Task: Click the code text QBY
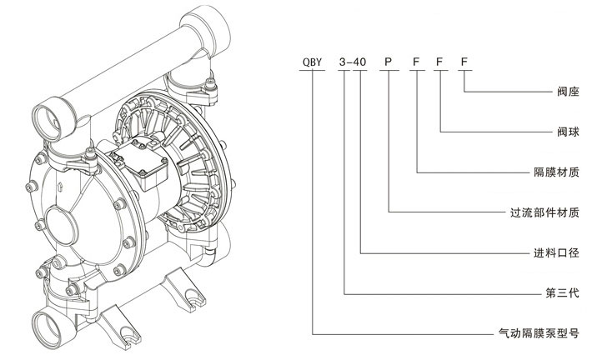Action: click(x=313, y=62)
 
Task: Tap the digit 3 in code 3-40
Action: click(x=344, y=62)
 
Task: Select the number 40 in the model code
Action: click(x=360, y=62)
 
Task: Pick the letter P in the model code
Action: click(x=387, y=62)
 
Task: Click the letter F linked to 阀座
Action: click(x=464, y=62)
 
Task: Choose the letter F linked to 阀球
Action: click(x=439, y=62)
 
